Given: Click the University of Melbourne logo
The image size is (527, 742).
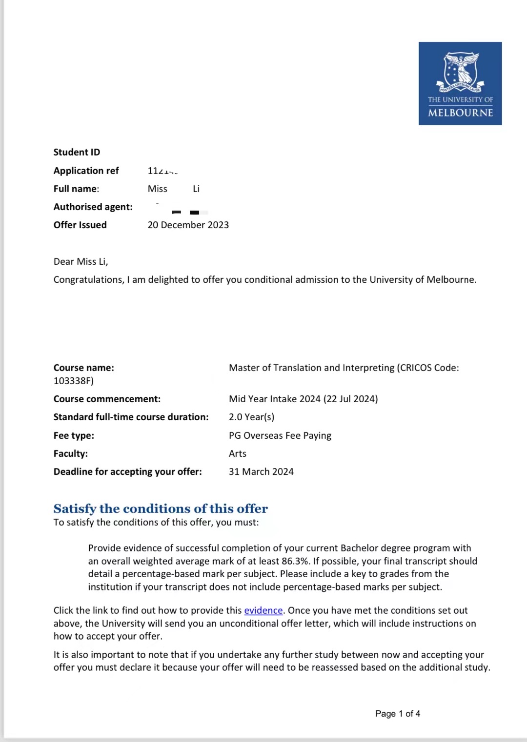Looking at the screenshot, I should tap(460, 83).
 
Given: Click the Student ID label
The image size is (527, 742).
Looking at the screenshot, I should tap(77, 152).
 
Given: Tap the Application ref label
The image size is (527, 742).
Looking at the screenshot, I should tap(86, 171).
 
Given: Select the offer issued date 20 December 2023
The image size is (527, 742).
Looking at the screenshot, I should tap(188, 225).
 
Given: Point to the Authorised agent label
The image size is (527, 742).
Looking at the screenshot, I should tap(93, 207).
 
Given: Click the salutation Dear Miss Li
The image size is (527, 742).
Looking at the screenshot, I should tap(81, 261).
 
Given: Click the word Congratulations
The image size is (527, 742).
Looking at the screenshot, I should tap(88, 279).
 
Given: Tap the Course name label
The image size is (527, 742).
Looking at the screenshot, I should tap(83, 368).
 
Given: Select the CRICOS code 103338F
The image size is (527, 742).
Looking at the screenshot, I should tap(73, 381).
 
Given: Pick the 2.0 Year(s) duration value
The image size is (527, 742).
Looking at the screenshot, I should tap(251, 417).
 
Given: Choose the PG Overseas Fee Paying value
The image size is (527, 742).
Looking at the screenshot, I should tap(280, 435).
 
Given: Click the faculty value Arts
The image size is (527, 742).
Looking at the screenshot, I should tap(237, 453).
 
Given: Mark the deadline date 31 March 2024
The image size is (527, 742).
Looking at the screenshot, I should tap(261, 471).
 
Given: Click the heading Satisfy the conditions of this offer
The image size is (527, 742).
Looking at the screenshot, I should tap(161, 508).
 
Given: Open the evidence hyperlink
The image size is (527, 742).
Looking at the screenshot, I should tap(263, 610).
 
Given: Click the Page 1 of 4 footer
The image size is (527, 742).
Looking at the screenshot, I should tap(397, 714).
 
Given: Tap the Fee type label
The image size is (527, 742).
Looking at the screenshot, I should tap(74, 435).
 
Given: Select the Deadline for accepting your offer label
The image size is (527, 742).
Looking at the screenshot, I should tap(127, 471).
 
